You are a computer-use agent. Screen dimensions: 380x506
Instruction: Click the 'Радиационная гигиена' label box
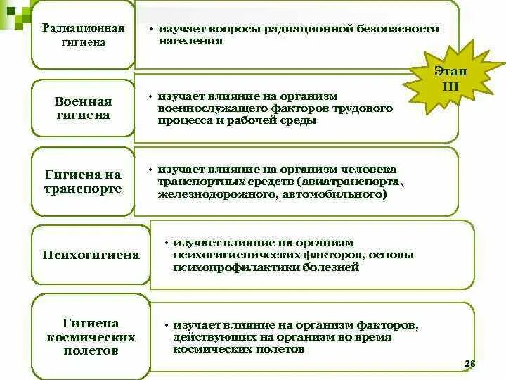(83, 35)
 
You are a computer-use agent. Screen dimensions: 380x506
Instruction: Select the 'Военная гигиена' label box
(83, 108)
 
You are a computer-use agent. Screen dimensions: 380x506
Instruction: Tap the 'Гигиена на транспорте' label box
(83, 182)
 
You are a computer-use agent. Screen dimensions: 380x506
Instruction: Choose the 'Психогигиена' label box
(90, 255)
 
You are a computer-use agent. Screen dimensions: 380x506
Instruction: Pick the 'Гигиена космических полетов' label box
(90, 336)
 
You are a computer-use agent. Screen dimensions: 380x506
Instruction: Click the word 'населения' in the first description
(190, 41)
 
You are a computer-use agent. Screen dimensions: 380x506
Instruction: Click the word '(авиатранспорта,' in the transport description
(352, 182)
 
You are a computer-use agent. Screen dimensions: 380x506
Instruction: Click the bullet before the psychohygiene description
(166, 243)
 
